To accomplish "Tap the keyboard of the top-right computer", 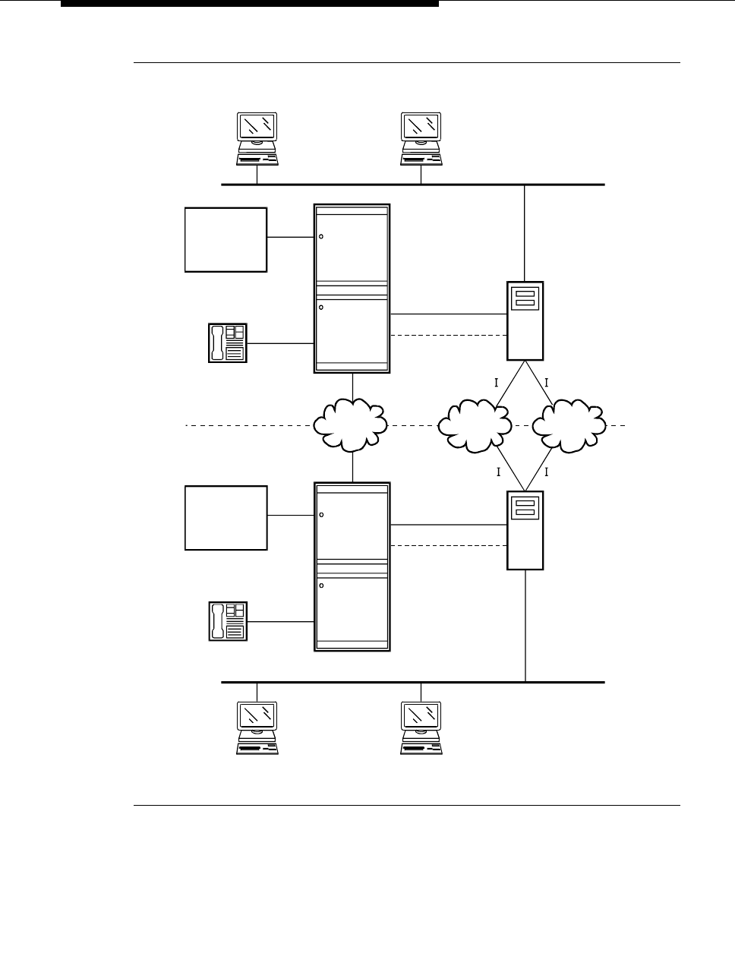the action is coord(421,159).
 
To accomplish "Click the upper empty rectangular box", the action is coord(226,239).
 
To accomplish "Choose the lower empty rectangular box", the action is coord(226,518).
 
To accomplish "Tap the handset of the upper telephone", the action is coord(217,342).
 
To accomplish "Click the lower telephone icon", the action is coord(228,620).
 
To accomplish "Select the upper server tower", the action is coord(525,320).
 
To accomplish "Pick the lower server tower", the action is coord(525,530).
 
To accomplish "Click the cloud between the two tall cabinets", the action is coord(352,425).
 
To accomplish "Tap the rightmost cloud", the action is coord(569,425).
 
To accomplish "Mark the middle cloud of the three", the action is coord(475,425).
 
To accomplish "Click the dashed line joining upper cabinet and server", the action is coord(448,335).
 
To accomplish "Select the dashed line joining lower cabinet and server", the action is coord(448,545).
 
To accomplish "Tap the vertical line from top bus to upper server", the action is coord(525,232).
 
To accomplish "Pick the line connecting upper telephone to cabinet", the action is coord(280,343).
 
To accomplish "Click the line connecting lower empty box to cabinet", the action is coord(291,516).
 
